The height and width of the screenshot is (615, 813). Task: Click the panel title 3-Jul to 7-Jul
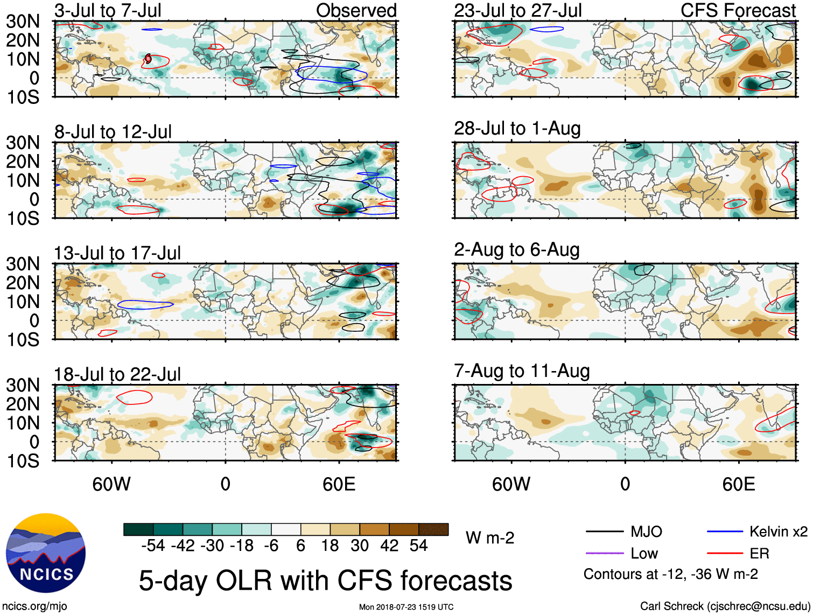[108, 10]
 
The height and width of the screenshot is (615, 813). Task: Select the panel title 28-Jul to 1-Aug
[517, 129]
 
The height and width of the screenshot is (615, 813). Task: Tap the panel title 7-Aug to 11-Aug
[522, 371]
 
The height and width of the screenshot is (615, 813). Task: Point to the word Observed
[356, 10]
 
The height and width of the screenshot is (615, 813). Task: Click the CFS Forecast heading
[738, 10]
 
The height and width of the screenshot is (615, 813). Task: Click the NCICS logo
[46, 553]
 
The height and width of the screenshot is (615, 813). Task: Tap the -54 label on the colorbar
[153, 546]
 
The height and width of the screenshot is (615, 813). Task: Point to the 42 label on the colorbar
[389, 546]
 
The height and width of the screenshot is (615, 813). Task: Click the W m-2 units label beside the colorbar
[490, 538]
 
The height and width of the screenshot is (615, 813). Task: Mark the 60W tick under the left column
[111, 484]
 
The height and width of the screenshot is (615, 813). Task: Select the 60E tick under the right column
[738, 484]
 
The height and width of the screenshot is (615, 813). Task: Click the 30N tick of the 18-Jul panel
[23, 385]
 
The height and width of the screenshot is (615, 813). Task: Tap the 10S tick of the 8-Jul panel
[23, 218]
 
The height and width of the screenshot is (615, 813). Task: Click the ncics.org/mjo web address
[34, 606]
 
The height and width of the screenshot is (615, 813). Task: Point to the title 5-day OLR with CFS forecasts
[325, 581]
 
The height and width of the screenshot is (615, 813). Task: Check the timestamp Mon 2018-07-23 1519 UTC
[406, 607]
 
